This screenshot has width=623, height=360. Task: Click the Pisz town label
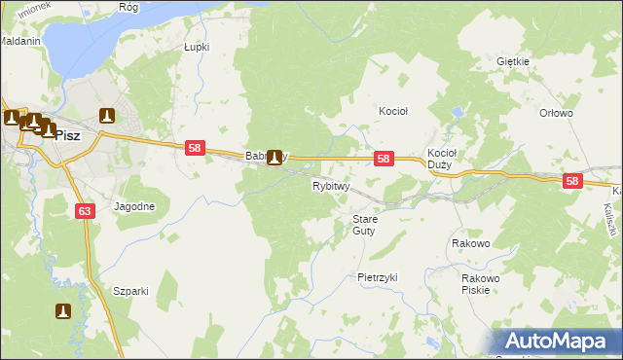(x=67, y=136)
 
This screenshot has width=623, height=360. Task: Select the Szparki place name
(x=129, y=291)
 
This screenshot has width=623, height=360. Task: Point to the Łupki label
(x=197, y=47)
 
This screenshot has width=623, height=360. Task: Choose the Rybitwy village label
(x=331, y=186)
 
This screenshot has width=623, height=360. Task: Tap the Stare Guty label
(x=364, y=225)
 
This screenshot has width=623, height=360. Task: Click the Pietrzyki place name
(x=378, y=277)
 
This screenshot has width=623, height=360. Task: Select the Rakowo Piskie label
(x=480, y=283)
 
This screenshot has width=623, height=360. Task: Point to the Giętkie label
(x=512, y=61)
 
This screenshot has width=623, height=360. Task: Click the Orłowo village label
(x=556, y=113)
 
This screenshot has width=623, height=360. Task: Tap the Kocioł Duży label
(x=442, y=159)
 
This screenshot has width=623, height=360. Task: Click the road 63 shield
(x=84, y=210)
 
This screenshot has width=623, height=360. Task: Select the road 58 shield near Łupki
(x=196, y=148)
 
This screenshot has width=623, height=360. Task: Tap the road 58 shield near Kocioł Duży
(x=385, y=159)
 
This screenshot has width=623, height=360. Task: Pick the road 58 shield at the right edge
(x=571, y=181)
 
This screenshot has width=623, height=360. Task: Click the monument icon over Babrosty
(x=275, y=157)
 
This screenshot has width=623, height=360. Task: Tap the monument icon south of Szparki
(x=63, y=311)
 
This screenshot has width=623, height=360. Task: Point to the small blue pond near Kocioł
(x=455, y=114)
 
